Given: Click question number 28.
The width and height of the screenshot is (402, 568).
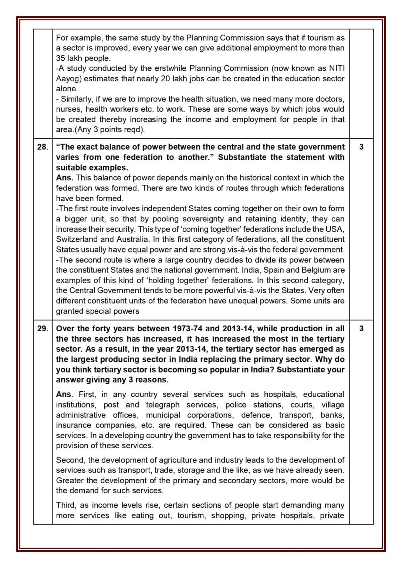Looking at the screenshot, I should [x=43, y=147].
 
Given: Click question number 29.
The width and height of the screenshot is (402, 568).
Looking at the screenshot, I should [x=43, y=328].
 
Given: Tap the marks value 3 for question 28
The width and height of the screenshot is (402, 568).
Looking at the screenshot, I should [x=361, y=147].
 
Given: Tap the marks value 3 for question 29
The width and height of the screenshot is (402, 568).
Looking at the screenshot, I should [x=361, y=328].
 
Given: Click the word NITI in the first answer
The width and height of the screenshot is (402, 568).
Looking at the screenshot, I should [x=337, y=68].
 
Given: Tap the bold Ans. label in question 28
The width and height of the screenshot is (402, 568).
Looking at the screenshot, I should [x=65, y=177].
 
